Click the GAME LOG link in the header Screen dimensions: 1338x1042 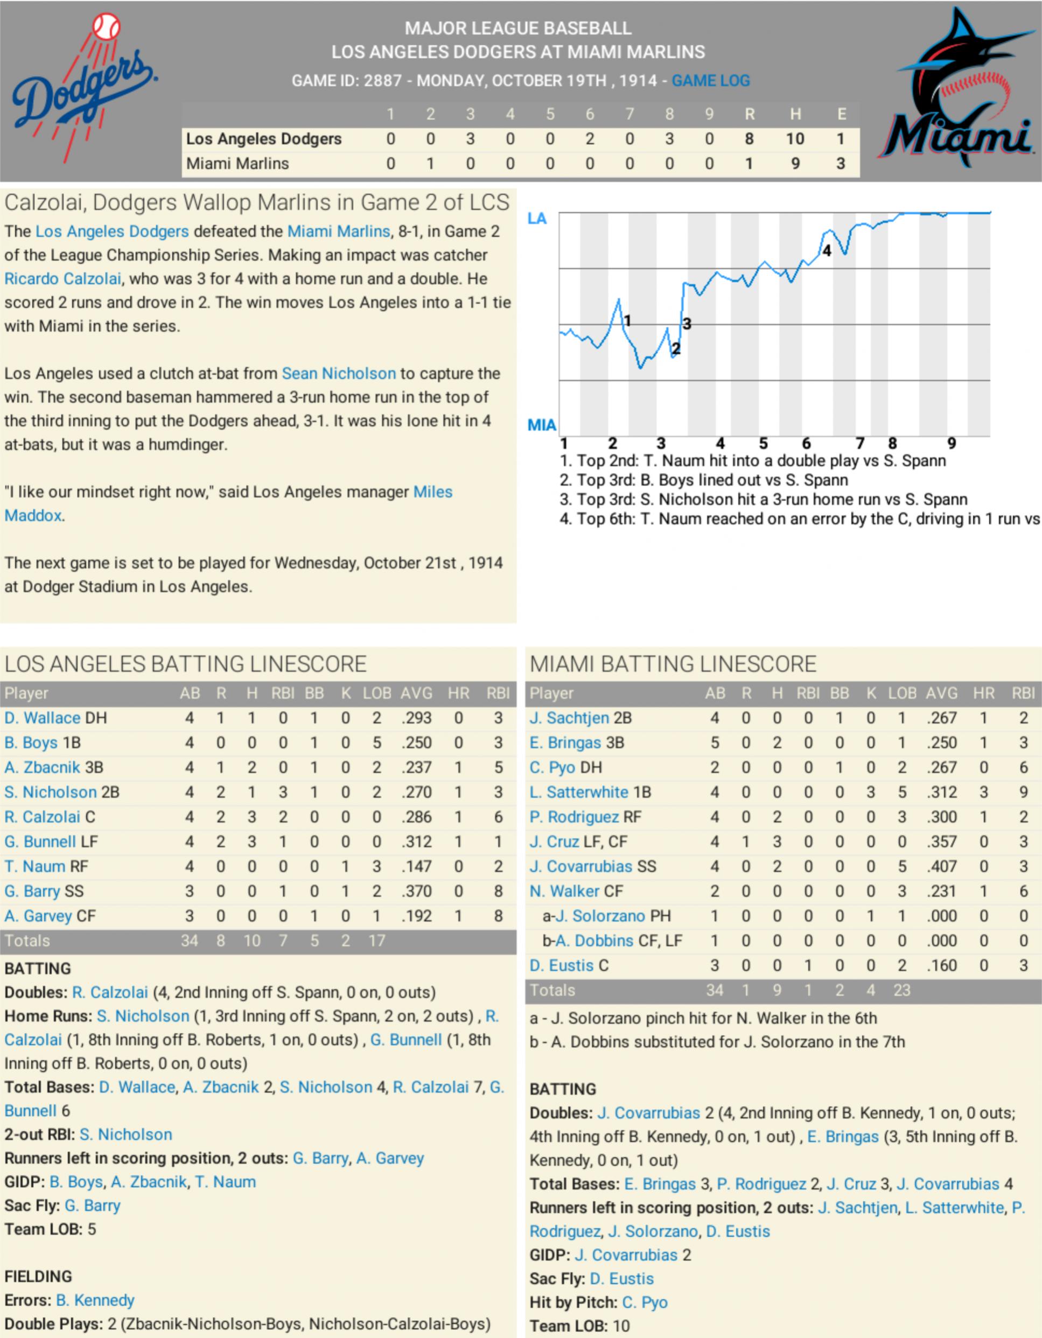711,80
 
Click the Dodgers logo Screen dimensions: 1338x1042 85,90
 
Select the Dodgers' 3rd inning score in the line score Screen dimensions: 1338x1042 470,139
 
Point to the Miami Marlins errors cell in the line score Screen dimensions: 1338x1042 841,164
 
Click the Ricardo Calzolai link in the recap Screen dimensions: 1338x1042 62,279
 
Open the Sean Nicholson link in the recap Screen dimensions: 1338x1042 338,373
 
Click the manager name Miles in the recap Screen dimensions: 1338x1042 432,492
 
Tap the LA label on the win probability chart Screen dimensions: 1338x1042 537,219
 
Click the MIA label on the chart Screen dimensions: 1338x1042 542,425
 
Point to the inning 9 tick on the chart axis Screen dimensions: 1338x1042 952,443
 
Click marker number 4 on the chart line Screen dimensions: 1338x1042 827,250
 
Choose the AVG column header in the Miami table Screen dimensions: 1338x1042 941,693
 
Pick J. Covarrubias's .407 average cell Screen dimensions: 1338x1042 941,866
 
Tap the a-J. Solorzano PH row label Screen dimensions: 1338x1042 606,916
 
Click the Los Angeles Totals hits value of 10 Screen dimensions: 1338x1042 252,941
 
